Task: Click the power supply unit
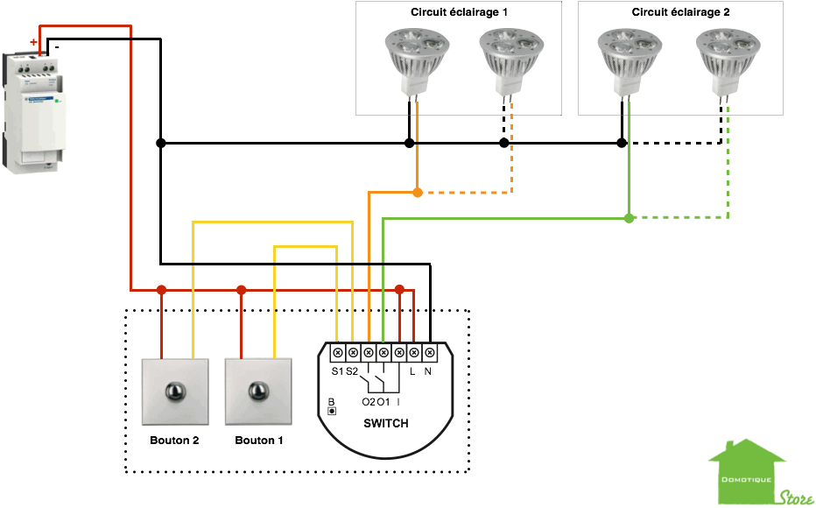point(34,110)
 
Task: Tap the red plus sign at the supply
point(33,42)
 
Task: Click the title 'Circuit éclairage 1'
point(458,12)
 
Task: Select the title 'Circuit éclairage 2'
point(680,12)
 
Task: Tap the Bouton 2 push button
point(175,391)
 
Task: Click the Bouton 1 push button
point(258,391)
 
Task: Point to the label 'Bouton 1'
point(259,441)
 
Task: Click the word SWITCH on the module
point(385,424)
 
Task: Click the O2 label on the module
point(368,402)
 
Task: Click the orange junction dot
point(418,192)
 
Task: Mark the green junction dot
point(629,217)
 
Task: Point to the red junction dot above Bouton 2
point(161,289)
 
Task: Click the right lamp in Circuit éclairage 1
point(505,58)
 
